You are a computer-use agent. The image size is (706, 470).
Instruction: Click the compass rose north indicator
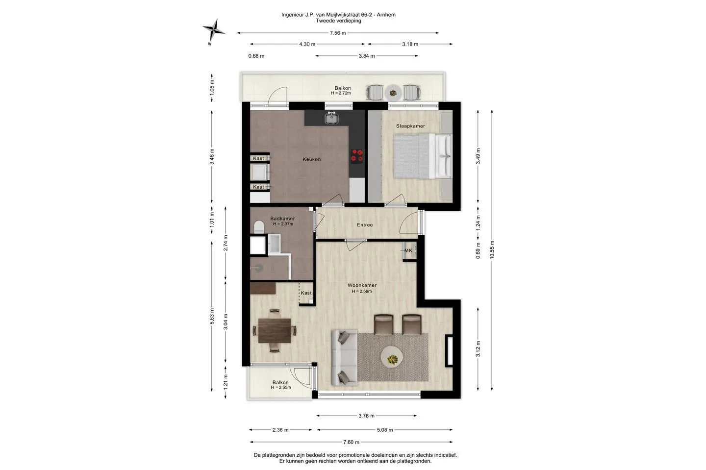[x=214, y=30]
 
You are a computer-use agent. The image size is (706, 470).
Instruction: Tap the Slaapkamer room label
[x=410, y=126]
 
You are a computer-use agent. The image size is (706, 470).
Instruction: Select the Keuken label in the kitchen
[x=311, y=159]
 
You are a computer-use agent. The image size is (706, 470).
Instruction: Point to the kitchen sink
[x=331, y=118]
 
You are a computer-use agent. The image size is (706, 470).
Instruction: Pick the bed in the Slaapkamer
[x=422, y=156]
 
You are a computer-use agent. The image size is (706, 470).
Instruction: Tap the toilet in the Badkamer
[x=259, y=227]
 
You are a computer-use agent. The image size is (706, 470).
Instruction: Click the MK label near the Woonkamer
[x=408, y=251]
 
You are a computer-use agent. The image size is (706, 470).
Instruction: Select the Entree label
[x=365, y=225]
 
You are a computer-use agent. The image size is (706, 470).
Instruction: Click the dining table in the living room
[x=274, y=330]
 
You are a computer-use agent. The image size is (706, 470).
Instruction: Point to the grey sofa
[x=344, y=358]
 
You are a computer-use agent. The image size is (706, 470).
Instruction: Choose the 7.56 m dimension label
[x=337, y=33]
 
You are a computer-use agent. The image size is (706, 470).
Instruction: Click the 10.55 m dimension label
[x=492, y=250]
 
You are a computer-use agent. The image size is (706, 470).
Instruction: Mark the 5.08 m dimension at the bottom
[x=385, y=430]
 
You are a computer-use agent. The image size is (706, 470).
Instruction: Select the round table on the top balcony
[x=393, y=93]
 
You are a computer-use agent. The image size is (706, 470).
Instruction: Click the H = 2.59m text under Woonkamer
[x=362, y=292]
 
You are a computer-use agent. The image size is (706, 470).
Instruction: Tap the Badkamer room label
[x=282, y=219]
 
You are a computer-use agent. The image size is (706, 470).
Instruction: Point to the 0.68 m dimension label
[x=256, y=56]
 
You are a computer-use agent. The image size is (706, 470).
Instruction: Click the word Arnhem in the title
[x=386, y=15]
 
